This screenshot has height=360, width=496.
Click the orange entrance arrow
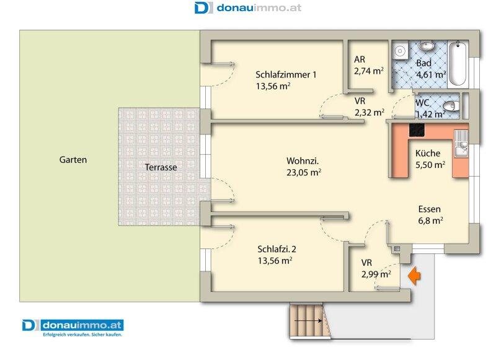click(x=414, y=276)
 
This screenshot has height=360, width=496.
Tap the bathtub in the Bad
click(x=458, y=64)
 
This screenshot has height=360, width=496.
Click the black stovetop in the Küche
click(x=417, y=130)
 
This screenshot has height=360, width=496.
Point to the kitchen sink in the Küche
click(x=461, y=144)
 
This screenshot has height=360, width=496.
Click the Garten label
click(x=73, y=160)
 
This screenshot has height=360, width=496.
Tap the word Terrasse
click(x=161, y=167)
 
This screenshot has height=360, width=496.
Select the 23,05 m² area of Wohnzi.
click(x=304, y=173)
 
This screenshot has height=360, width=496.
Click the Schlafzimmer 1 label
click(x=286, y=75)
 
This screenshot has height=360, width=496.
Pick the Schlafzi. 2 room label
click(x=277, y=249)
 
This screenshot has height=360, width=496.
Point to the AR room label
click(x=360, y=59)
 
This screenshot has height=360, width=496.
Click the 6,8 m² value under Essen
click(x=430, y=221)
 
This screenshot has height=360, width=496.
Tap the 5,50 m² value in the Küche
click(x=430, y=165)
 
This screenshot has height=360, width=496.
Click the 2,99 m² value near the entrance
click(x=376, y=274)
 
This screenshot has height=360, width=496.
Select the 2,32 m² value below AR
click(x=369, y=113)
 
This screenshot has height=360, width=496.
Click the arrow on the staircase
click(x=308, y=320)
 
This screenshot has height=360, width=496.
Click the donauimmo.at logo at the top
click(x=247, y=7)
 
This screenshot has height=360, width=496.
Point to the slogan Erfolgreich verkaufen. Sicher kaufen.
click(x=82, y=335)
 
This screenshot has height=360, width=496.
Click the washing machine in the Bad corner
click(x=400, y=51)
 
